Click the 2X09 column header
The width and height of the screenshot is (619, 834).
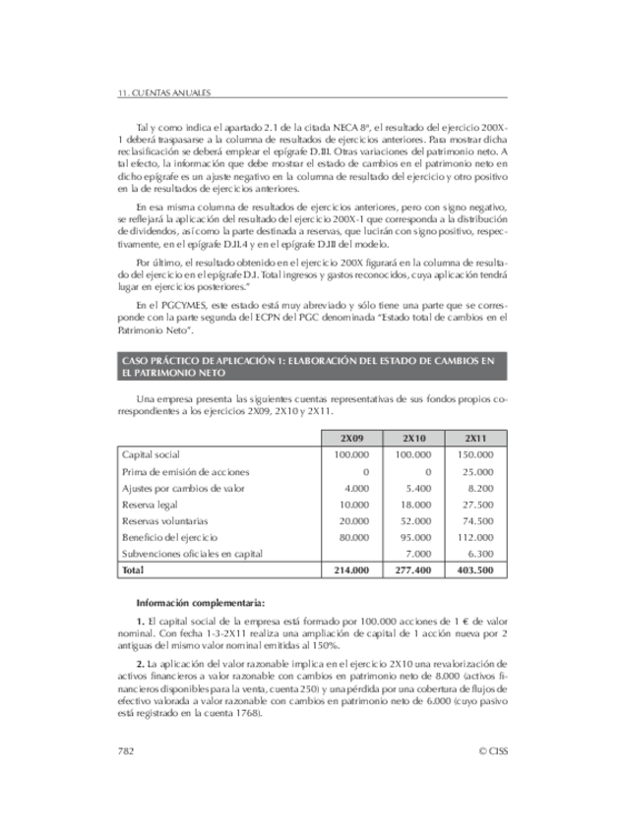(x=351, y=438)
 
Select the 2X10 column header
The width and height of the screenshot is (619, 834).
(x=413, y=438)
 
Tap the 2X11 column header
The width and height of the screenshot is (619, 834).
(x=475, y=438)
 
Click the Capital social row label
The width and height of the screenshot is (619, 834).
(x=150, y=454)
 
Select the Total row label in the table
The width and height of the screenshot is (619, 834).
(x=132, y=569)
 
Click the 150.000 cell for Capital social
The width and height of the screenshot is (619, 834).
(x=475, y=454)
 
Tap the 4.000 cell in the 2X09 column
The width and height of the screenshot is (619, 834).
(x=356, y=488)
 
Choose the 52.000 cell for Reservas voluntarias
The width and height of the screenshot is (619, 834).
(x=417, y=520)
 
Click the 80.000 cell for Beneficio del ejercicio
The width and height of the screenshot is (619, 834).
(x=353, y=537)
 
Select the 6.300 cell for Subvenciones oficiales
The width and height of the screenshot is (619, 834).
(x=480, y=553)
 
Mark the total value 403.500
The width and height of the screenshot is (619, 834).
(x=474, y=569)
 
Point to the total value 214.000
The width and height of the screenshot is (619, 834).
(x=351, y=569)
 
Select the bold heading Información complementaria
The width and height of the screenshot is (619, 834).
(x=200, y=602)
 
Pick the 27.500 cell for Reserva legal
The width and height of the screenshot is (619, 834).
(x=478, y=504)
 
